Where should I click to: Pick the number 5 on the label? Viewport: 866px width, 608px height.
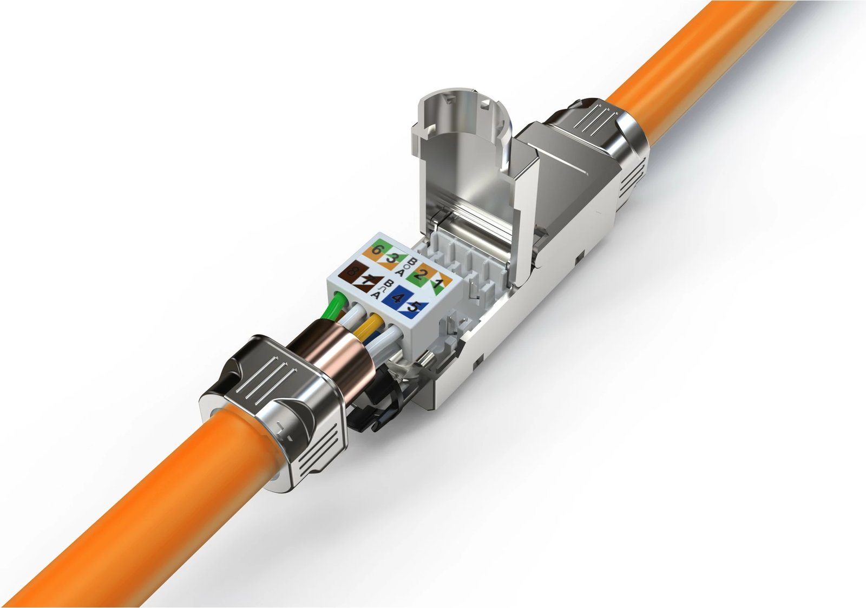414,306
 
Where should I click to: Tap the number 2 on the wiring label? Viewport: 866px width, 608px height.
418,273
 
